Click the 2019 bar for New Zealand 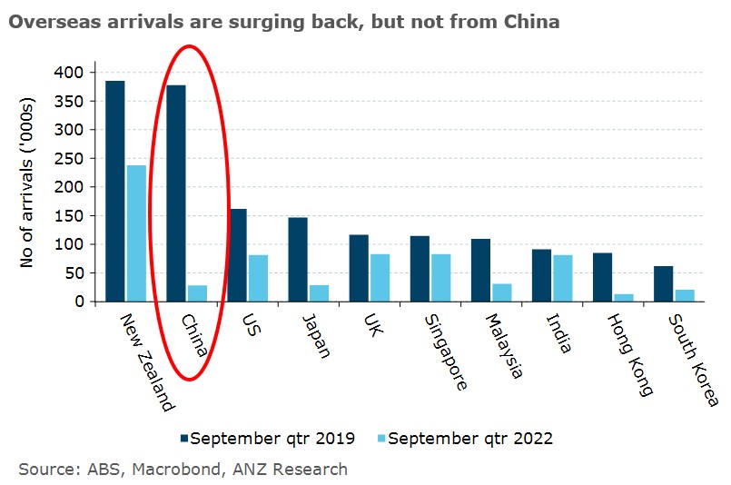[x=115, y=192]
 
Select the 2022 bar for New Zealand [x=136, y=233]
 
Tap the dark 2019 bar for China [x=176, y=193]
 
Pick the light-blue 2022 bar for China [x=197, y=293]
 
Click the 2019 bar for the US [x=237, y=255]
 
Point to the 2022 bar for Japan [x=320, y=293]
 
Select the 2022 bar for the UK [x=380, y=278]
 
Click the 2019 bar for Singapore [x=420, y=269]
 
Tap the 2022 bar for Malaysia [x=502, y=292]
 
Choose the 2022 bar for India [x=563, y=279]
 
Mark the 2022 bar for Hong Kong [x=624, y=298]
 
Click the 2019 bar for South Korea [x=664, y=283]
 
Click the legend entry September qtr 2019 [x=268, y=439]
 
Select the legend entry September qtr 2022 [x=465, y=439]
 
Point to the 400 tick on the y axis [x=68, y=73]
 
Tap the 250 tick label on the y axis [x=68, y=159]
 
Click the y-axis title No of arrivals [x=27, y=183]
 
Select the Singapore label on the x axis [x=446, y=352]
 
